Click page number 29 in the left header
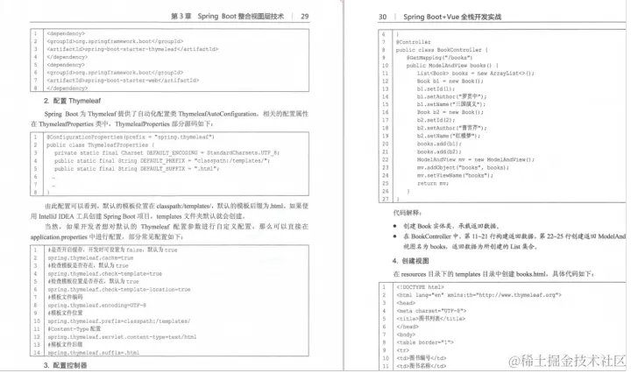(x=304, y=16)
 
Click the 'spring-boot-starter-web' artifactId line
(x=123, y=80)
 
